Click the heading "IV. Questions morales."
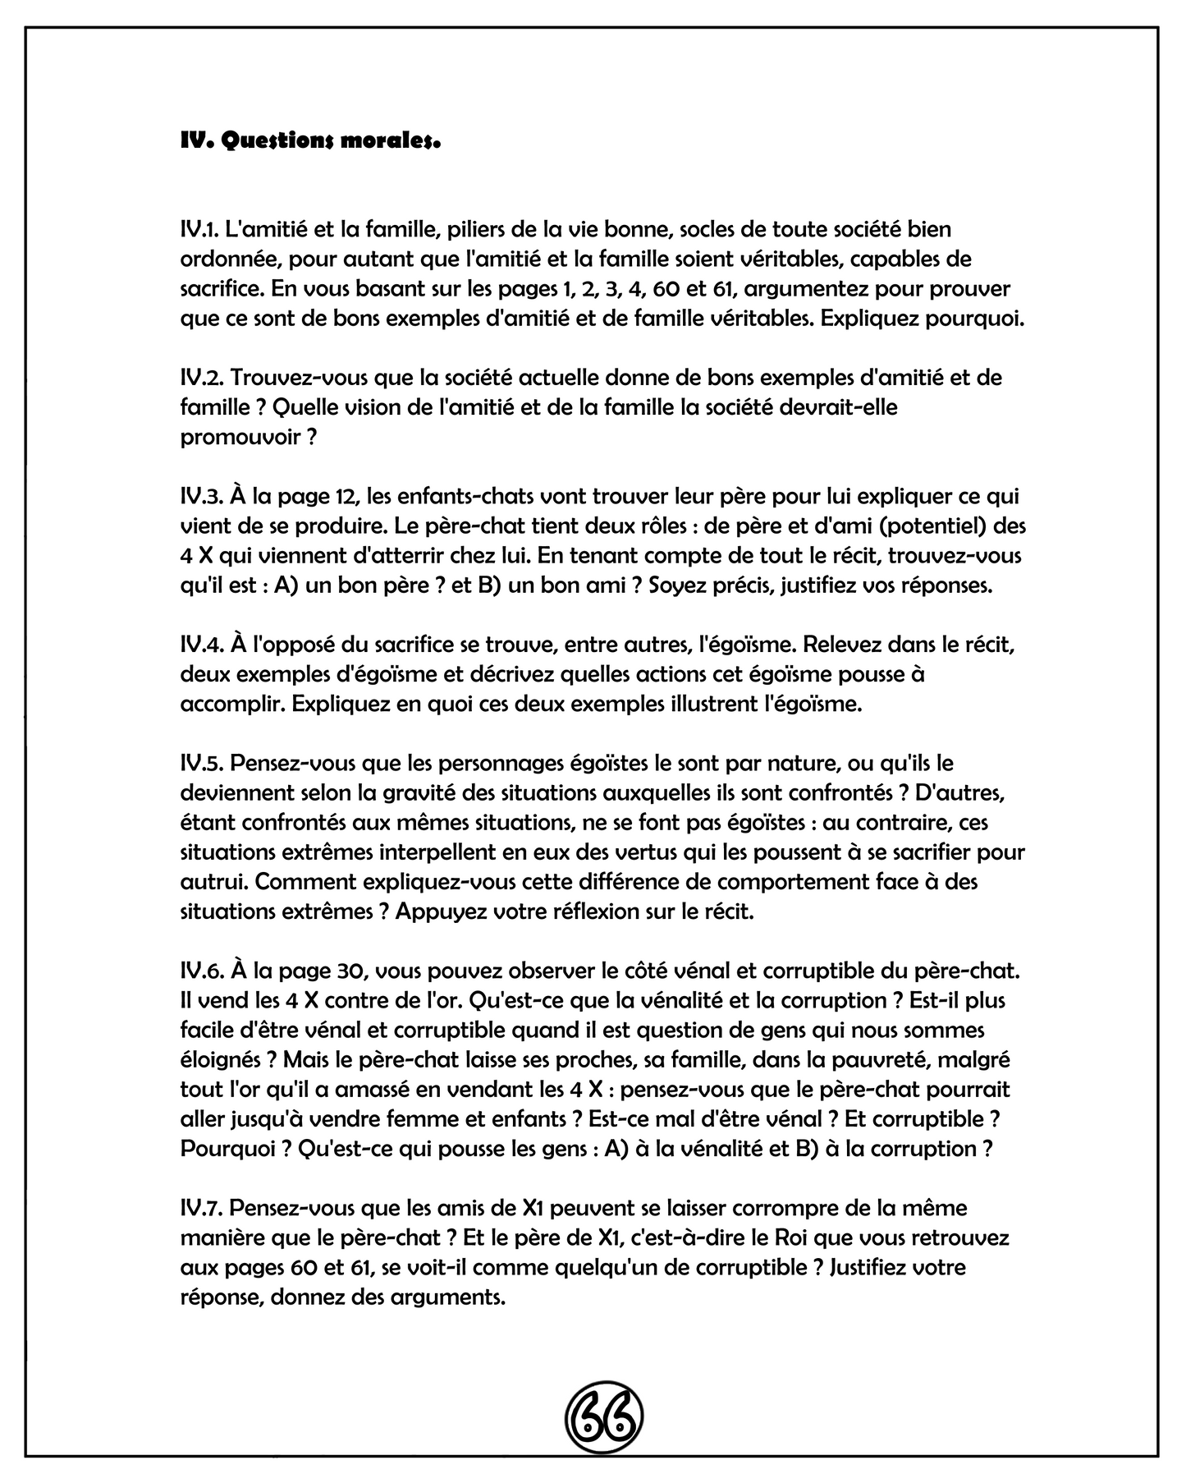(310, 141)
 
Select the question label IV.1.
(201, 230)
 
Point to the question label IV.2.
(202, 378)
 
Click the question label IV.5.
(202, 764)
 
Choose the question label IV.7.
(202, 1208)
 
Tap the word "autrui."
(214, 882)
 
